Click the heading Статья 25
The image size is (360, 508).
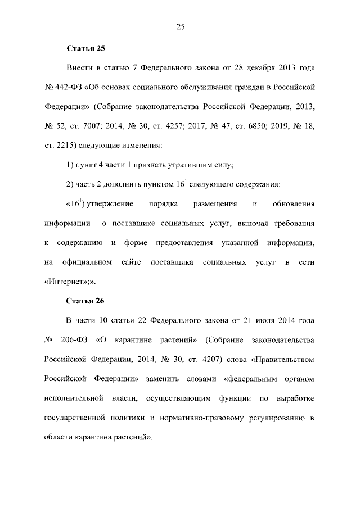point(85,48)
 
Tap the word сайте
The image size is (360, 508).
point(130,262)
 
